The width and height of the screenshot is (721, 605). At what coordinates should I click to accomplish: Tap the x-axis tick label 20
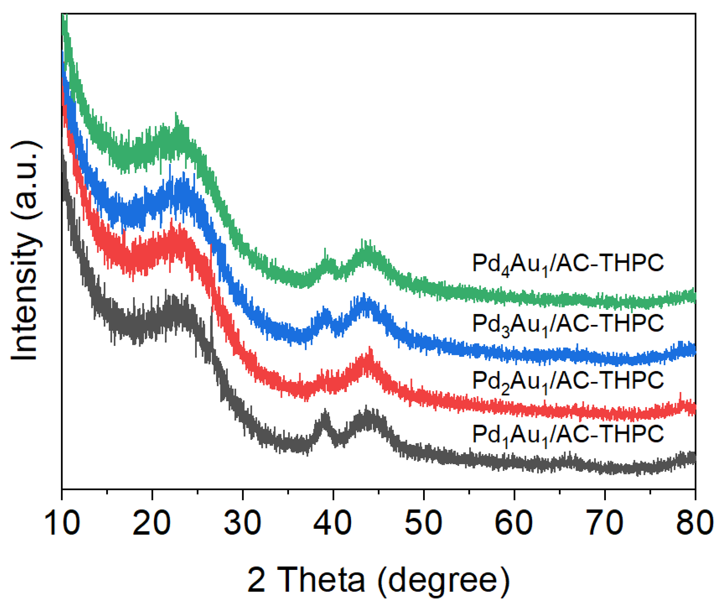coord(152,522)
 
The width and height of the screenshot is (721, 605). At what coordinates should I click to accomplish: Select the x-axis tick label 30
coord(243,522)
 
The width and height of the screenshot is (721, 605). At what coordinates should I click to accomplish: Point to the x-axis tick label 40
coord(333,522)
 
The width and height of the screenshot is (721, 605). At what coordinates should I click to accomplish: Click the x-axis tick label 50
coord(423,522)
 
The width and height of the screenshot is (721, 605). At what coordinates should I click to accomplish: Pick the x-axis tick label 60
coord(514,522)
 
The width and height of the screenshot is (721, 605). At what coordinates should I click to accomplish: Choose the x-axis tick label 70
coord(604,522)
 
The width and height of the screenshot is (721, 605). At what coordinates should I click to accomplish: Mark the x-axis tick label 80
coord(694,522)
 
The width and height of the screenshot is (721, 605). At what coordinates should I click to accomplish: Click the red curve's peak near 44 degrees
coord(369,357)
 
